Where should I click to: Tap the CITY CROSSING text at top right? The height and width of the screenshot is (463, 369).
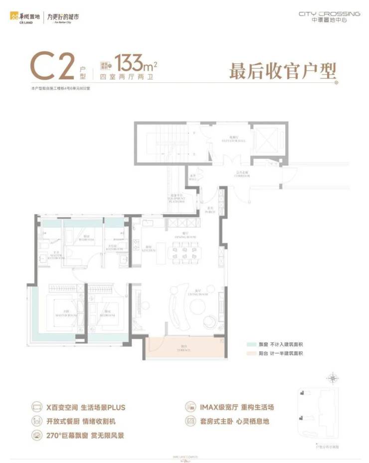pyautogui.click(x=329, y=14)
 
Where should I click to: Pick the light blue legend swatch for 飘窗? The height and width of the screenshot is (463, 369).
pyautogui.click(x=251, y=344)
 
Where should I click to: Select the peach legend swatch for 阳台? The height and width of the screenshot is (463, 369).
pyautogui.click(x=251, y=353)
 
